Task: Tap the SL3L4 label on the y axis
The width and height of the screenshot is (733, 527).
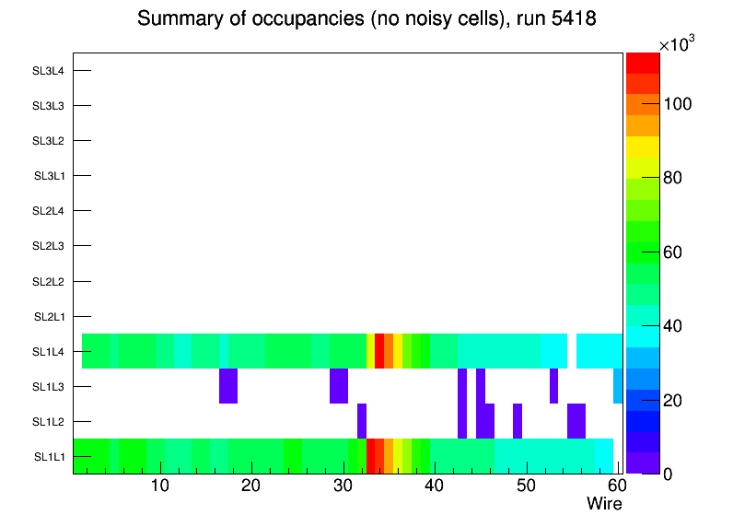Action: click(x=48, y=70)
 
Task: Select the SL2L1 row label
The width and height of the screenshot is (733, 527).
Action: click(x=50, y=316)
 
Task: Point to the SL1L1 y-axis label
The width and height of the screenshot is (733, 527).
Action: click(x=50, y=456)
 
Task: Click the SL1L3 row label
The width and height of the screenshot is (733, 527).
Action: click(x=48, y=386)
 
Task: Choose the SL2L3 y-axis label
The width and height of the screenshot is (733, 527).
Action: click(x=48, y=246)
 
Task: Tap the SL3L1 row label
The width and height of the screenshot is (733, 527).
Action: click(x=50, y=176)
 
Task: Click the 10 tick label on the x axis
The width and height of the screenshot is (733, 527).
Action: click(x=159, y=486)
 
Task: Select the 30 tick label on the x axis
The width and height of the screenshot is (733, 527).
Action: click(x=342, y=486)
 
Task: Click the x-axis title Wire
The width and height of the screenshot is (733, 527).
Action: click(x=604, y=504)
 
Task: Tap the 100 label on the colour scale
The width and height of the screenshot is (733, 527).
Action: click(x=677, y=105)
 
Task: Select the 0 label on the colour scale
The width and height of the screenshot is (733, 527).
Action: click(x=668, y=474)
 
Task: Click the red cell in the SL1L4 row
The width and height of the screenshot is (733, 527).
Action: click(x=379, y=351)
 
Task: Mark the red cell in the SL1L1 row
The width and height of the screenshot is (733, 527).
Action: click(x=371, y=456)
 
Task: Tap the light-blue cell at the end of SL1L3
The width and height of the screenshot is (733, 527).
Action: click(x=617, y=386)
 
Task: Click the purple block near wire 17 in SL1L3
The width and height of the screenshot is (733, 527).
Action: click(x=228, y=386)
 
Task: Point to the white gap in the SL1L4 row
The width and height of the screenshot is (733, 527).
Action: click(x=571, y=351)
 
